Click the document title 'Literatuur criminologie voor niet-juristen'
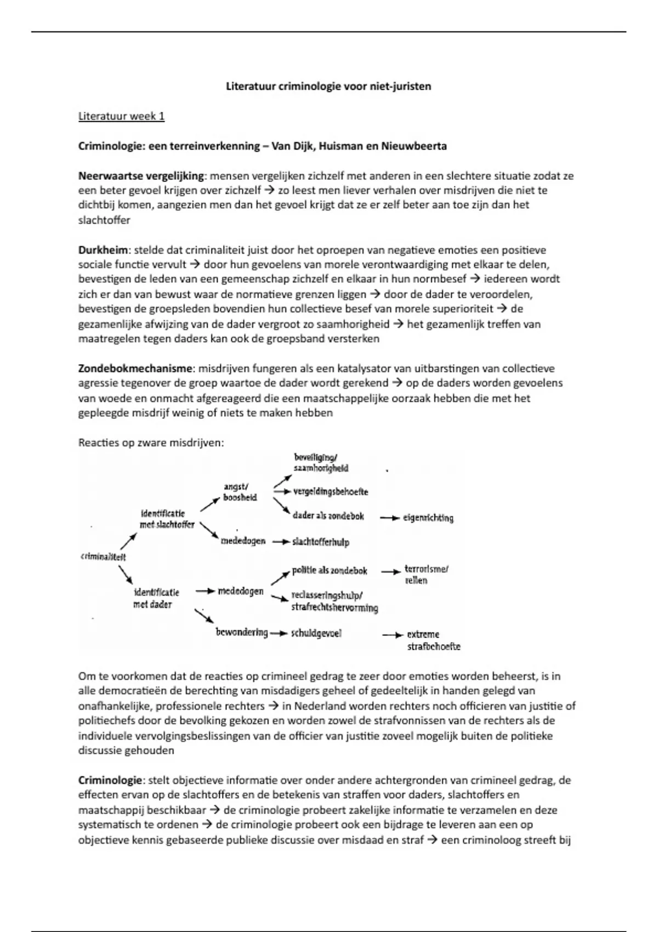(328, 86)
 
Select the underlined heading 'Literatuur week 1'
(121, 116)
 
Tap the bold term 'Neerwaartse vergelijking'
(141, 176)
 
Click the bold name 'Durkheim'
(104, 250)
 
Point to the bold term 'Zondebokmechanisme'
(135, 368)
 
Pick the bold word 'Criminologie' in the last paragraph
(110, 780)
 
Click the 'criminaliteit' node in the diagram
(103, 556)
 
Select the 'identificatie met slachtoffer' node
(167, 519)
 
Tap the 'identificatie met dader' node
(156, 598)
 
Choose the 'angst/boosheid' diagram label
(240, 492)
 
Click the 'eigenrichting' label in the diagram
(428, 518)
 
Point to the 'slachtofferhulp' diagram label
(320, 542)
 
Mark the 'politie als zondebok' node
(329, 571)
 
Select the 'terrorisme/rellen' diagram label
(426, 575)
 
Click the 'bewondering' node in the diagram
(242, 633)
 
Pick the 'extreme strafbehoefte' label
(433, 640)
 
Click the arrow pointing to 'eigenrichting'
(389, 518)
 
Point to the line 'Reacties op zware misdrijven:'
(151, 442)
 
